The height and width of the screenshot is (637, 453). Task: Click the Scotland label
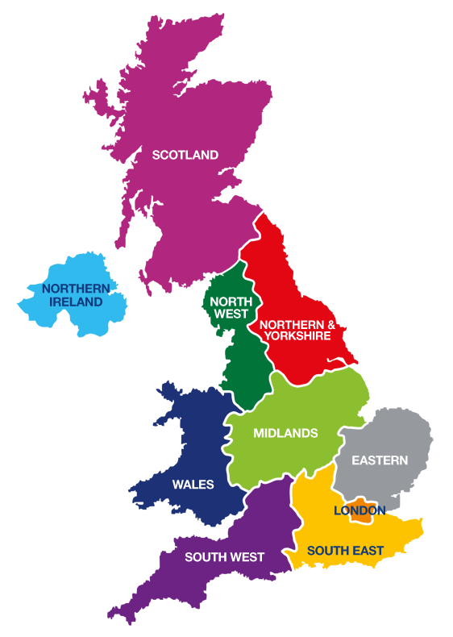point(185,155)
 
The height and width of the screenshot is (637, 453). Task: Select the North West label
point(231,308)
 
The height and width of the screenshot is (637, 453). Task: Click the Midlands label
point(285,433)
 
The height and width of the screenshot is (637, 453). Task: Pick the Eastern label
point(380,460)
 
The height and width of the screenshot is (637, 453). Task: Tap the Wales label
point(193,485)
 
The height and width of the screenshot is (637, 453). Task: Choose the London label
point(359,510)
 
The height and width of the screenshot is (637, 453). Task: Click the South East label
point(345,551)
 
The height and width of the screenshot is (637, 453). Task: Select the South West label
point(224,556)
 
